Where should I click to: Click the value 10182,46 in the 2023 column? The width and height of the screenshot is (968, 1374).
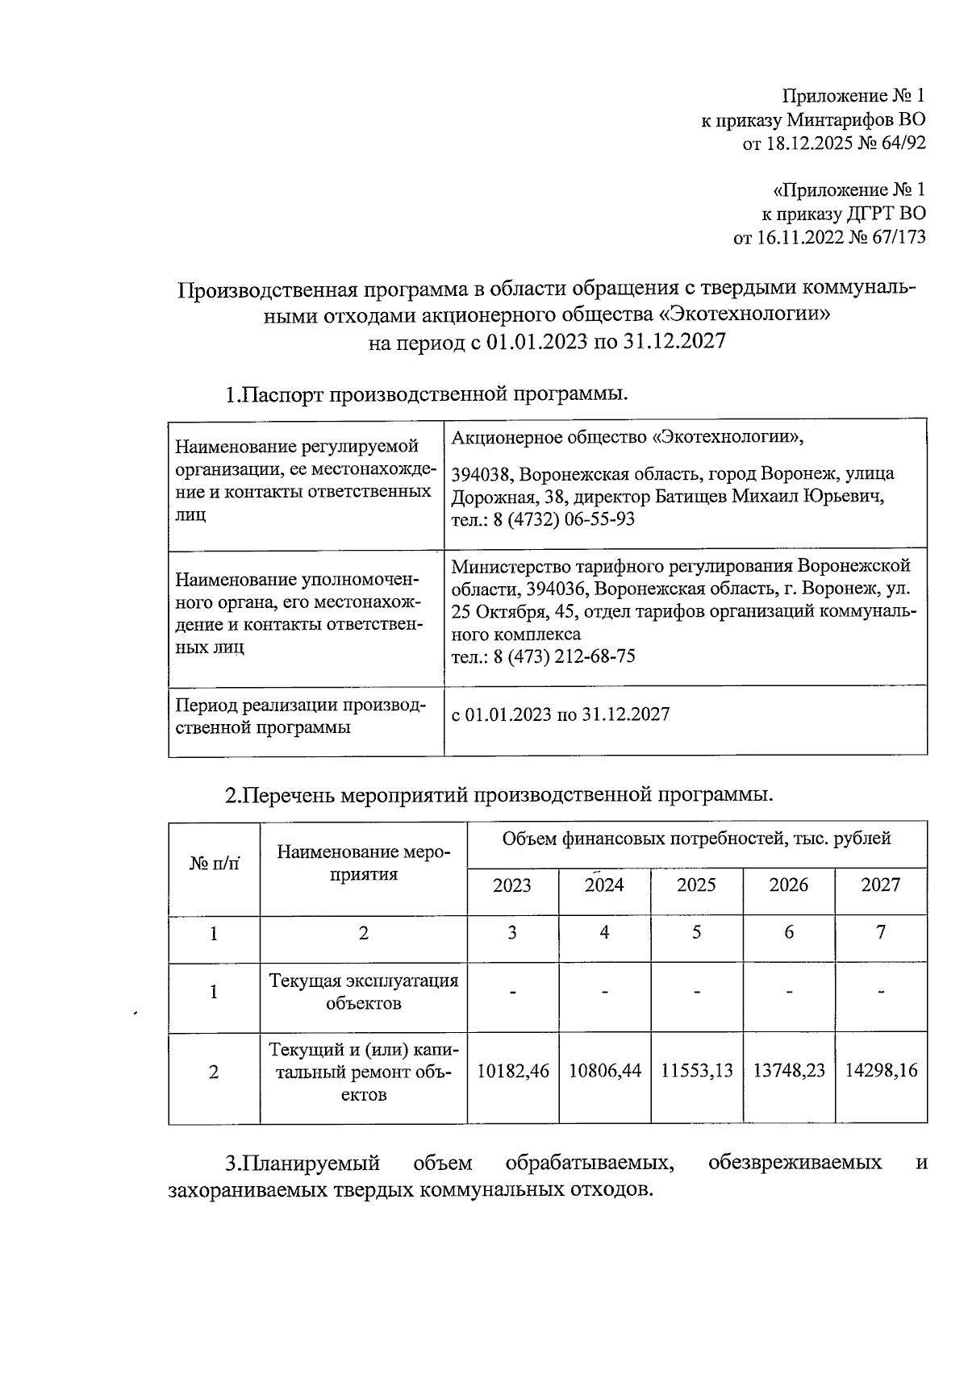tap(513, 1071)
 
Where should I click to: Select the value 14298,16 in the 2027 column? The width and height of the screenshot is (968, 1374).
tap(881, 1071)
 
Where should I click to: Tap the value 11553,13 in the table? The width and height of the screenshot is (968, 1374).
tap(697, 1071)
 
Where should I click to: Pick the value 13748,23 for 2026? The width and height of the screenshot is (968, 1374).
tap(789, 1071)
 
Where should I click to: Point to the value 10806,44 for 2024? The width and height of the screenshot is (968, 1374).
tap(605, 1071)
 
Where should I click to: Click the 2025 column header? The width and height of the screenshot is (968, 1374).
tap(696, 885)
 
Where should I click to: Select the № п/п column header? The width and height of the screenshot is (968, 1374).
tap(215, 864)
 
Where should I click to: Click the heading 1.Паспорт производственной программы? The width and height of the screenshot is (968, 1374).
tap(426, 394)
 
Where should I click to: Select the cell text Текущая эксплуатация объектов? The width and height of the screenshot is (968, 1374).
tap(363, 992)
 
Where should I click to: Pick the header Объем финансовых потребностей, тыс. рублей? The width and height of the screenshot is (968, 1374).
tap(696, 839)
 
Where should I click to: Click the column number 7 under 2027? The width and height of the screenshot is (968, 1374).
tap(881, 933)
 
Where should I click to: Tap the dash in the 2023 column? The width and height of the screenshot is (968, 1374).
tap(513, 992)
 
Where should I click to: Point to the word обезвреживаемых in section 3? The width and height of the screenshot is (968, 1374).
tap(794, 1163)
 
